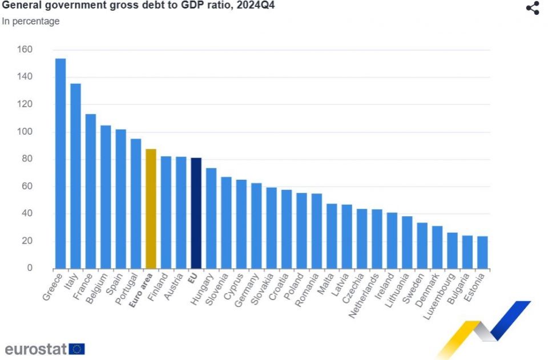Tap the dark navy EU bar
196,213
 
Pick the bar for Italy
75,176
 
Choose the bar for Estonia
482,252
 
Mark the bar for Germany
256,226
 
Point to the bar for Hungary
211,219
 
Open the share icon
532,8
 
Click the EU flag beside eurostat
76,349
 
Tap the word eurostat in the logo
35,349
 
